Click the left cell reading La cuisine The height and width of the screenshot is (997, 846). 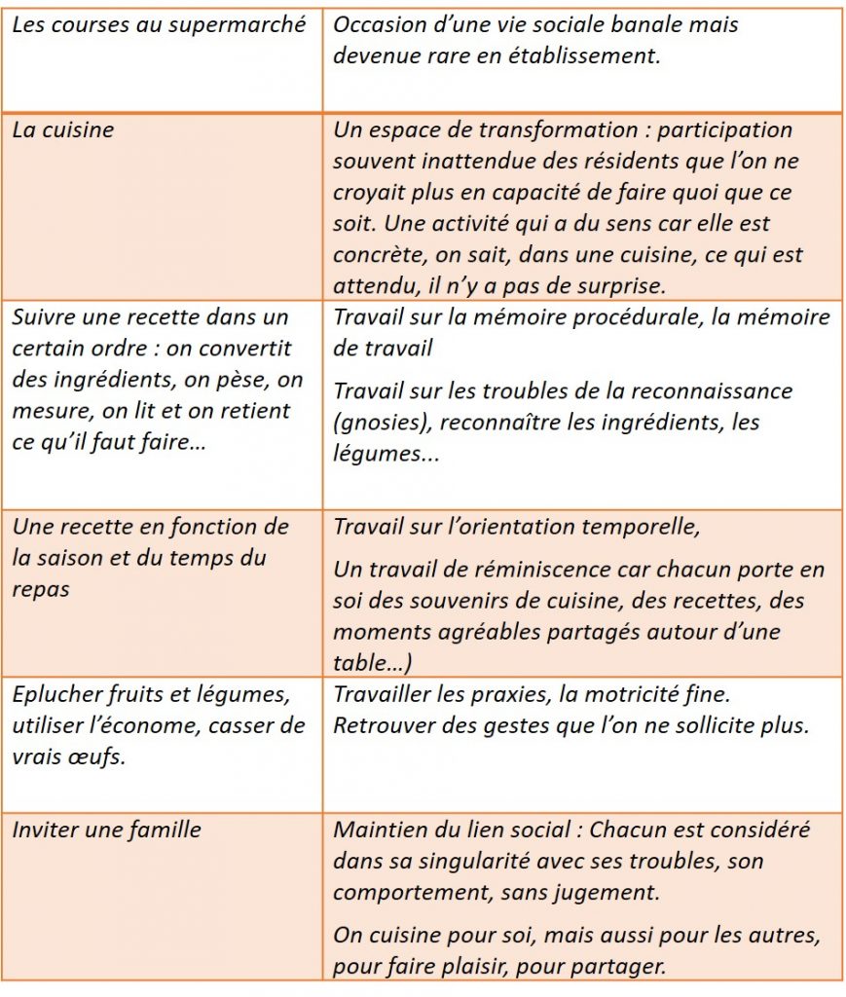(63, 129)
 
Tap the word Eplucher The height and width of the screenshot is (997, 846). (51, 694)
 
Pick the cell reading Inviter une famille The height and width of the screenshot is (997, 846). (107, 830)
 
